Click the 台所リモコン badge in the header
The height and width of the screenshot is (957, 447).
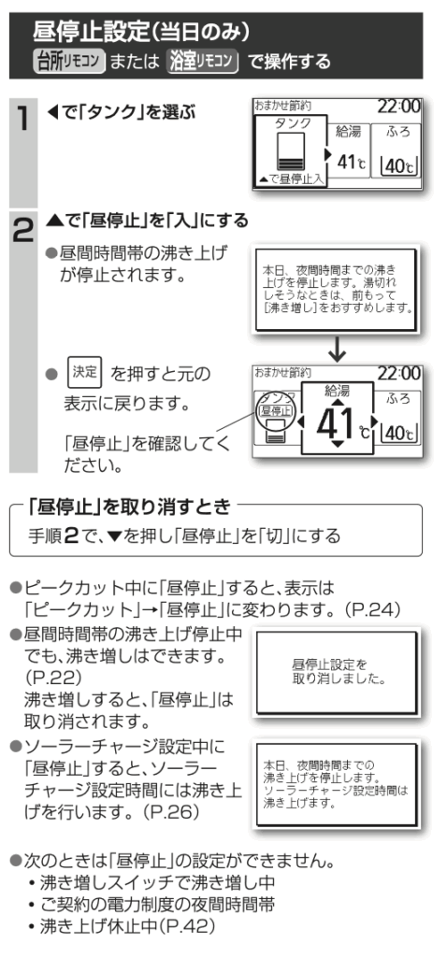69,62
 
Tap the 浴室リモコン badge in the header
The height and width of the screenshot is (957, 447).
202,62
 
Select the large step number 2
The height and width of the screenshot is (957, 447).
22,232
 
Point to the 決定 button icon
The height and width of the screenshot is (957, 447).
85,373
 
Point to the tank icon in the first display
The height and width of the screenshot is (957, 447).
290,152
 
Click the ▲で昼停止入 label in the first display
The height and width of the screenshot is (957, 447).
291,179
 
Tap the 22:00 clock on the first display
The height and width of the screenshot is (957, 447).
398,107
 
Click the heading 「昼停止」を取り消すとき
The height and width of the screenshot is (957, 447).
131,506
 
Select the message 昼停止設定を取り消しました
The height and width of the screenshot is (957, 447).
339,671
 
